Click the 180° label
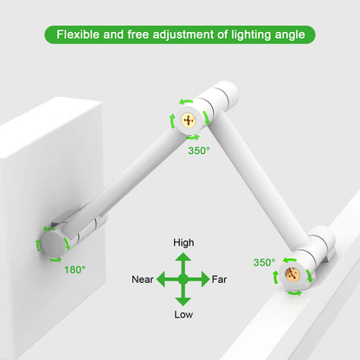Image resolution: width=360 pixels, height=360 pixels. pos(74,270)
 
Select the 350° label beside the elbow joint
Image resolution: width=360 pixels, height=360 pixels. pos(198,149)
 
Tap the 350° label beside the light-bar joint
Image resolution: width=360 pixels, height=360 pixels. pos(265,262)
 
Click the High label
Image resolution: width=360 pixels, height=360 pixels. pos(183,242)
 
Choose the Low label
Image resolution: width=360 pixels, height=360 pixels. pos(183,313)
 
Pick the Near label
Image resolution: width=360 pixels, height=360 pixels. pos(143,280)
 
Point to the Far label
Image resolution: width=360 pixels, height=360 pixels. pos(220,280)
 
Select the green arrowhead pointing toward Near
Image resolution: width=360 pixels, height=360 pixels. pos(164,280)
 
